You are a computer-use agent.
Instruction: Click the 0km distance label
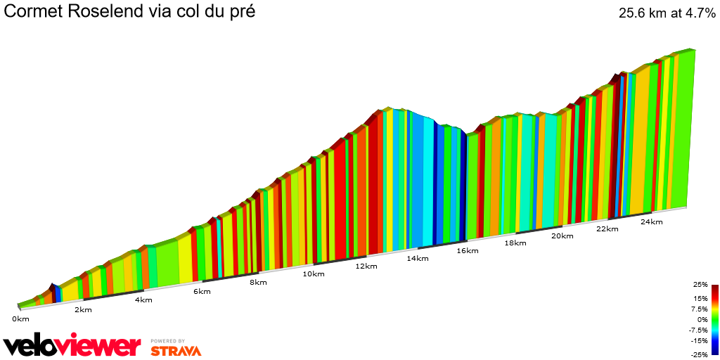[20, 319]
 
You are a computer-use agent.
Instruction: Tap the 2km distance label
[82, 310]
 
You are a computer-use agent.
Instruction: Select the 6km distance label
[202, 292]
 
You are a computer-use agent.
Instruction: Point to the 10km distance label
[314, 274]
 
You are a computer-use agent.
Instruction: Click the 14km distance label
[417, 259]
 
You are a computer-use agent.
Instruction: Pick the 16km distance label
[467, 251]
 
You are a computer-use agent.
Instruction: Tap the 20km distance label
[562, 236]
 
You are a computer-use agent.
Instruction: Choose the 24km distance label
[651, 222]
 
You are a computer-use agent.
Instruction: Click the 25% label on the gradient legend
[700, 285]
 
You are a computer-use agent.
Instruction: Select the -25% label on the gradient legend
[700, 354]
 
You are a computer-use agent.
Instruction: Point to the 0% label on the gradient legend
[702, 319]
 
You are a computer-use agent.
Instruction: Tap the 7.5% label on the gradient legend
[699, 309]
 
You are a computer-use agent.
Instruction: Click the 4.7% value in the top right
[695, 13]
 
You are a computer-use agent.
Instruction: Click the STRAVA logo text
[176, 350]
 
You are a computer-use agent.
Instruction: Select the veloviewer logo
[72, 346]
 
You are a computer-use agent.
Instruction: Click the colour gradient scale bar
[714, 319]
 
